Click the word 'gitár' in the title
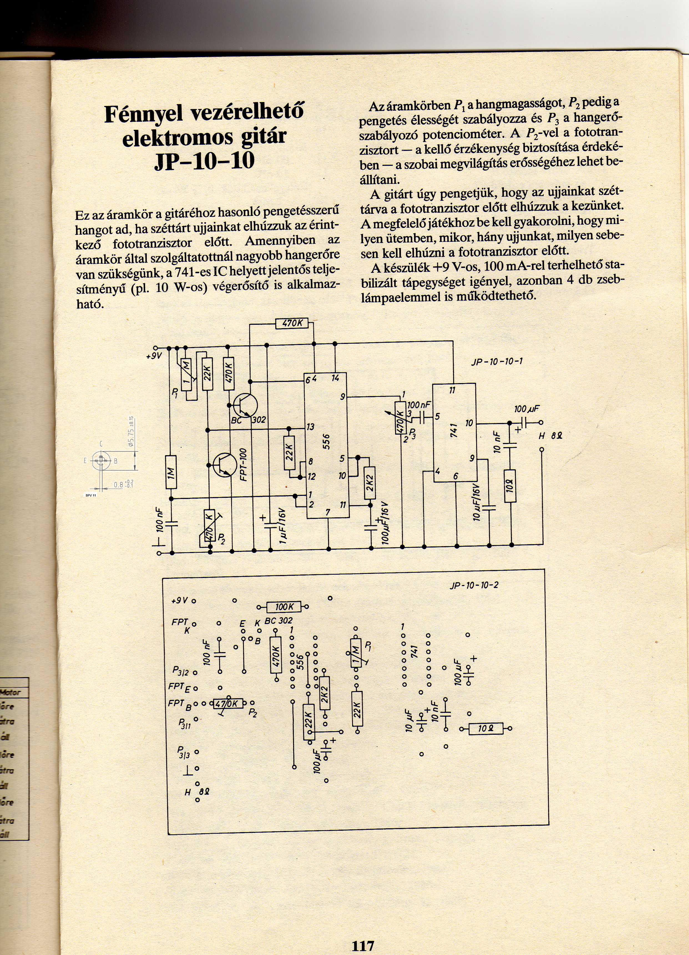click(x=256, y=137)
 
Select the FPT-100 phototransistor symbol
click(x=222, y=465)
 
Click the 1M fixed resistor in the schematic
click(x=171, y=472)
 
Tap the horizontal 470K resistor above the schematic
click(x=292, y=323)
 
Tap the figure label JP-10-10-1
click(x=497, y=361)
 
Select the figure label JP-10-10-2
click(x=474, y=585)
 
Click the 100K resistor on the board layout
click(x=283, y=607)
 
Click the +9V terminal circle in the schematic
click(x=155, y=348)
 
